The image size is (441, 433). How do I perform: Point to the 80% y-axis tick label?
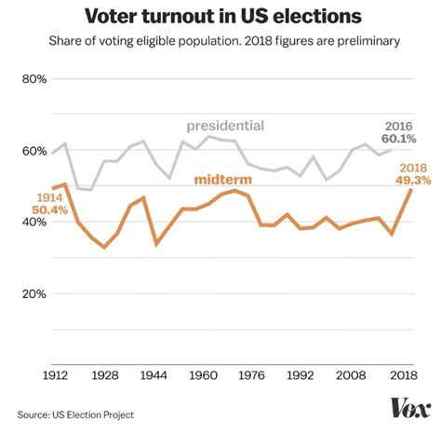[x=33, y=79]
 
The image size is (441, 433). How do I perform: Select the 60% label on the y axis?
[x=33, y=151]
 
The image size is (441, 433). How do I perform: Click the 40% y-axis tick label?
[x=33, y=223]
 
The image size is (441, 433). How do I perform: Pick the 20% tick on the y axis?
[x=33, y=294]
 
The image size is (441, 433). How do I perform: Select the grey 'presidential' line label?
[x=225, y=126]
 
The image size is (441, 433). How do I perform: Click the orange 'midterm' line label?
[x=222, y=179]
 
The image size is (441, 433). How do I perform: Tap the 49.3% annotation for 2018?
[x=414, y=180]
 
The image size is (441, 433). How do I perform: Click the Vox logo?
[x=408, y=408]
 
